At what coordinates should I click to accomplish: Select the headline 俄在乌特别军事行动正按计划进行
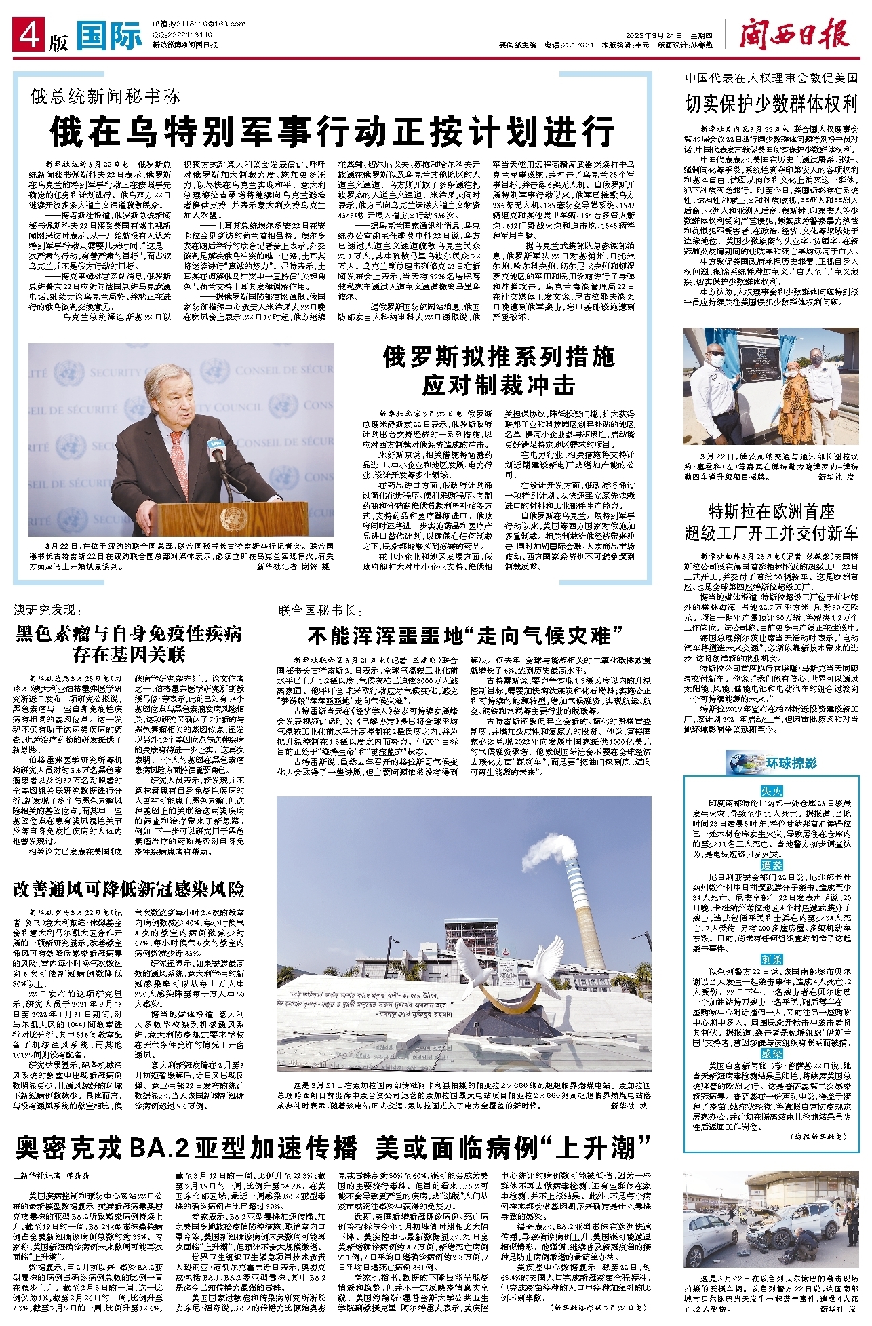coord(332,132)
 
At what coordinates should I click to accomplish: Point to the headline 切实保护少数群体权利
coord(771,104)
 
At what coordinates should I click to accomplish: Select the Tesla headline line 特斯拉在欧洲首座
coord(771,511)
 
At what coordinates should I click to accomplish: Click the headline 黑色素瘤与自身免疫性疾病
coord(129,633)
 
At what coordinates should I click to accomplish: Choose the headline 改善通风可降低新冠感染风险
coord(129,889)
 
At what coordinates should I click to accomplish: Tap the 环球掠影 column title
coord(791,764)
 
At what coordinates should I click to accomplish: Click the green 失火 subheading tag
coord(772,791)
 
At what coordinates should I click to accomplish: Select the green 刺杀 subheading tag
coord(772,959)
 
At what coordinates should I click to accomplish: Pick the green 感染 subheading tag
coord(772,1053)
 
